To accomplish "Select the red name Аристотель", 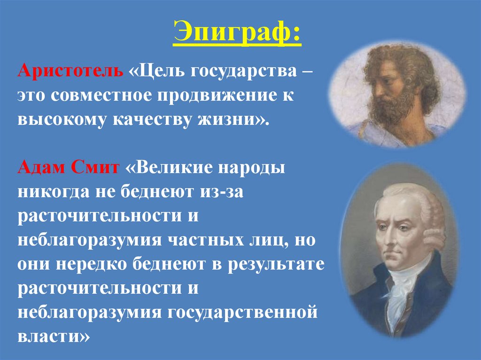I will point(70,73).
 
